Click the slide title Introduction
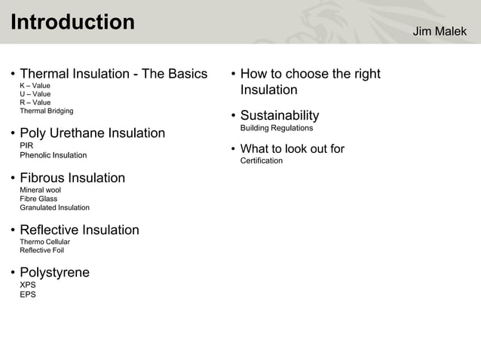72,23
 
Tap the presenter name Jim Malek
440,32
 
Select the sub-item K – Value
35,86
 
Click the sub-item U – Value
35,94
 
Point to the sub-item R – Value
35,102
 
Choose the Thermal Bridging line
47,111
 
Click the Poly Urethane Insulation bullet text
92,133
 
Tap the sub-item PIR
26,145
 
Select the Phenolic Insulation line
53,155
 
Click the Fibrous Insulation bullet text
72,178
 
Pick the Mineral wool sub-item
40,191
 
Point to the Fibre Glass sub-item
38,199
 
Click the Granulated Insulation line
54,208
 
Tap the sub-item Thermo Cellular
44,242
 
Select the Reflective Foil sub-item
41,250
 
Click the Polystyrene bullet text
54,273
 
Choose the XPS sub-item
28,285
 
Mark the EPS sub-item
28,294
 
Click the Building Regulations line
277,128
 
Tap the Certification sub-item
262,160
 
